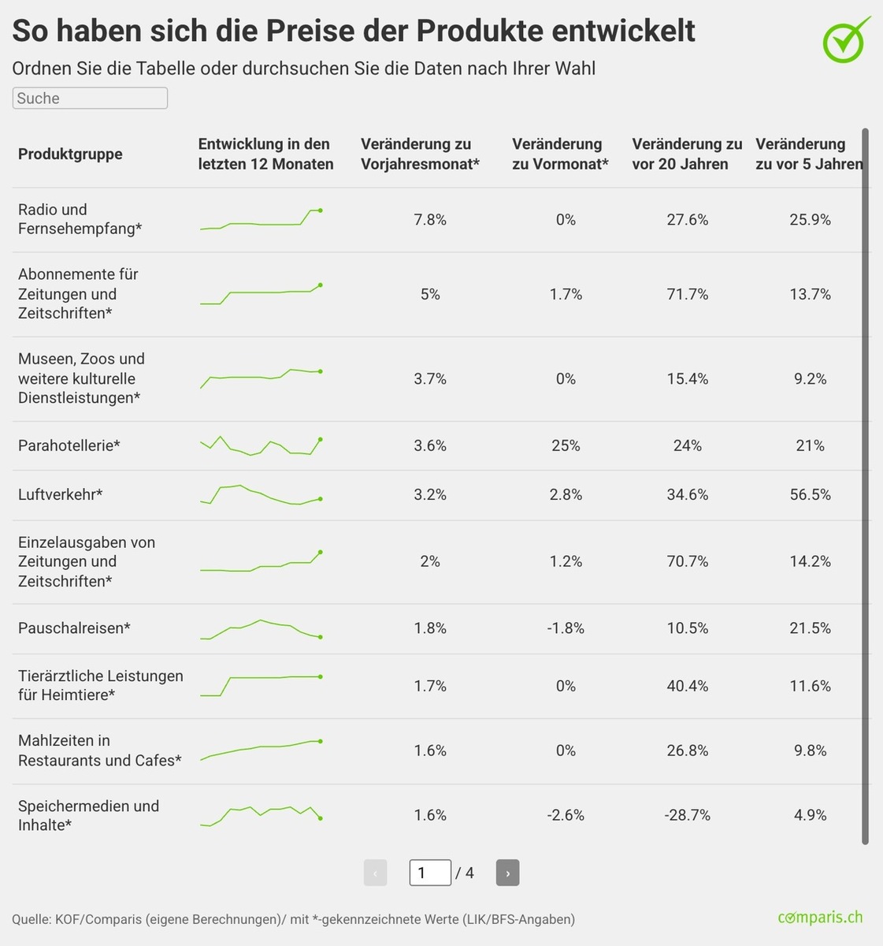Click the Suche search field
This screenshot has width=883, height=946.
(x=90, y=98)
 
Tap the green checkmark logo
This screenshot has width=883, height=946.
(x=846, y=39)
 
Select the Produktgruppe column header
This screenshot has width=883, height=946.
(x=70, y=154)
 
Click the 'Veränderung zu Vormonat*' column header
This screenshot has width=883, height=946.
(x=560, y=154)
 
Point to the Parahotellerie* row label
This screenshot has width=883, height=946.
(x=69, y=445)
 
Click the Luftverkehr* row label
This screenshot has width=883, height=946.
(x=61, y=494)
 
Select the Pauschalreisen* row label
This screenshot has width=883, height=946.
(x=74, y=628)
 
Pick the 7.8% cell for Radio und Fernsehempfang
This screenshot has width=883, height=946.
(x=430, y=220)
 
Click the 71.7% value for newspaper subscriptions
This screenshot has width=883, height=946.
(x=687, y=294)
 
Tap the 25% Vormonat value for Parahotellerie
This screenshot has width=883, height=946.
(x=566, y=445)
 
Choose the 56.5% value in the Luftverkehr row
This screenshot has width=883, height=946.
(x=810, y=494)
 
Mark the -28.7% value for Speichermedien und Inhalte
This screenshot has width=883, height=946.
(x=687, y=815)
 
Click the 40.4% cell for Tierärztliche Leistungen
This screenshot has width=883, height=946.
(x=687, y=686)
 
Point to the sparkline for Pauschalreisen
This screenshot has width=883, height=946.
(x=261, y=629)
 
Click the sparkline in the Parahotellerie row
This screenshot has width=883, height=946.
(x=261, y=446)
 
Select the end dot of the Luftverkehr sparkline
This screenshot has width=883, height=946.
(x=321, y=498)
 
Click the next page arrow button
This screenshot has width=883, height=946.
(x=507, y=873)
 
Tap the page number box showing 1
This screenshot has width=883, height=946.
(x=430, y=873)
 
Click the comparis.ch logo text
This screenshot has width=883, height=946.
(x=819, y=918)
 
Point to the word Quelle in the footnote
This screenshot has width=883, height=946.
(x=30, y=919)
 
